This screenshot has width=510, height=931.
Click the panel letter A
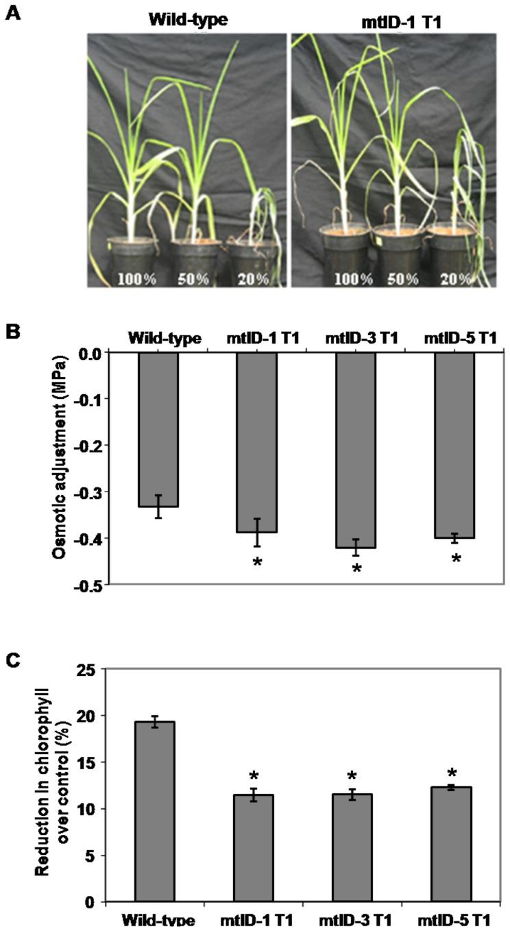point(12,12)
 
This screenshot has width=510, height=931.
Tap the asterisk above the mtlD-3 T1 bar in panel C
point(353,777)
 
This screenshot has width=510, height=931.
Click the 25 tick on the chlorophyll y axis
point(88,668)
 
